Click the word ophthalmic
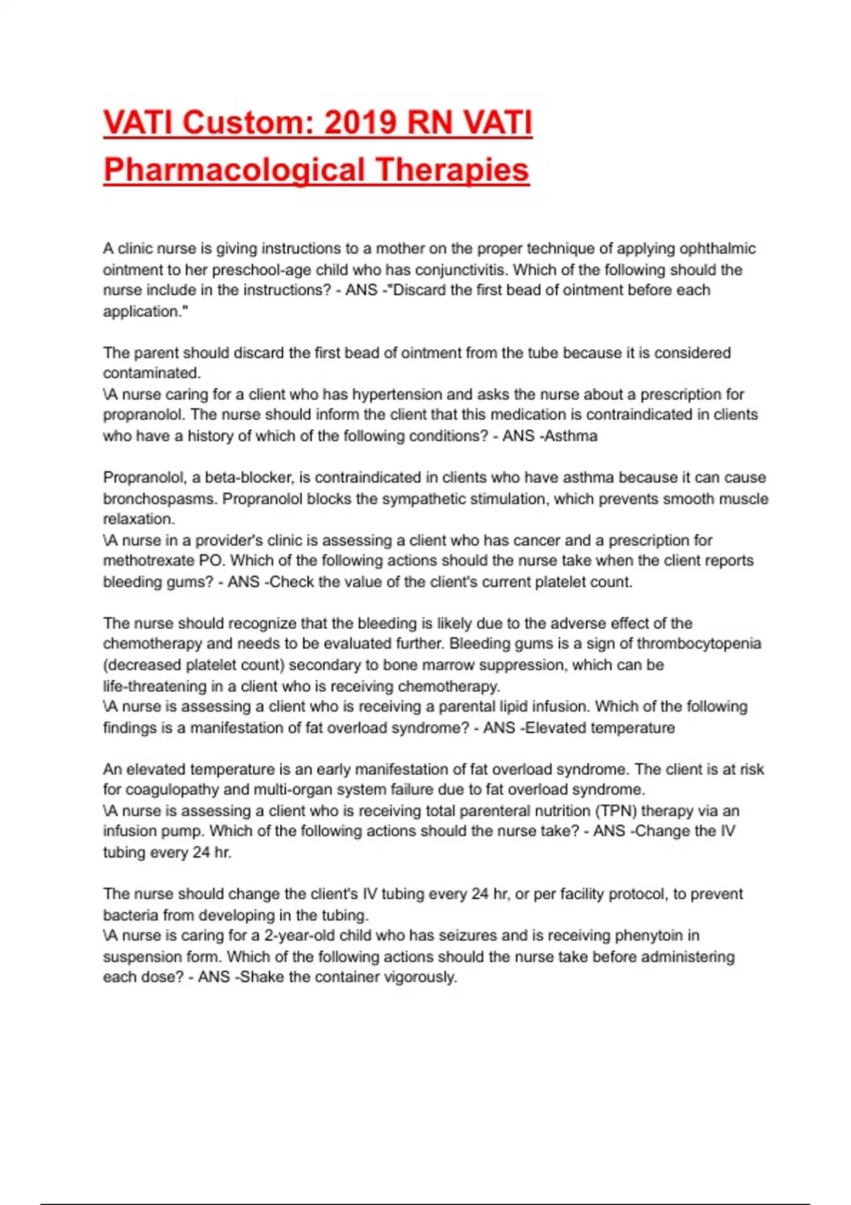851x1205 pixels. [718, 249]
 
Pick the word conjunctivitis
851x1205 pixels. [461, 270]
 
